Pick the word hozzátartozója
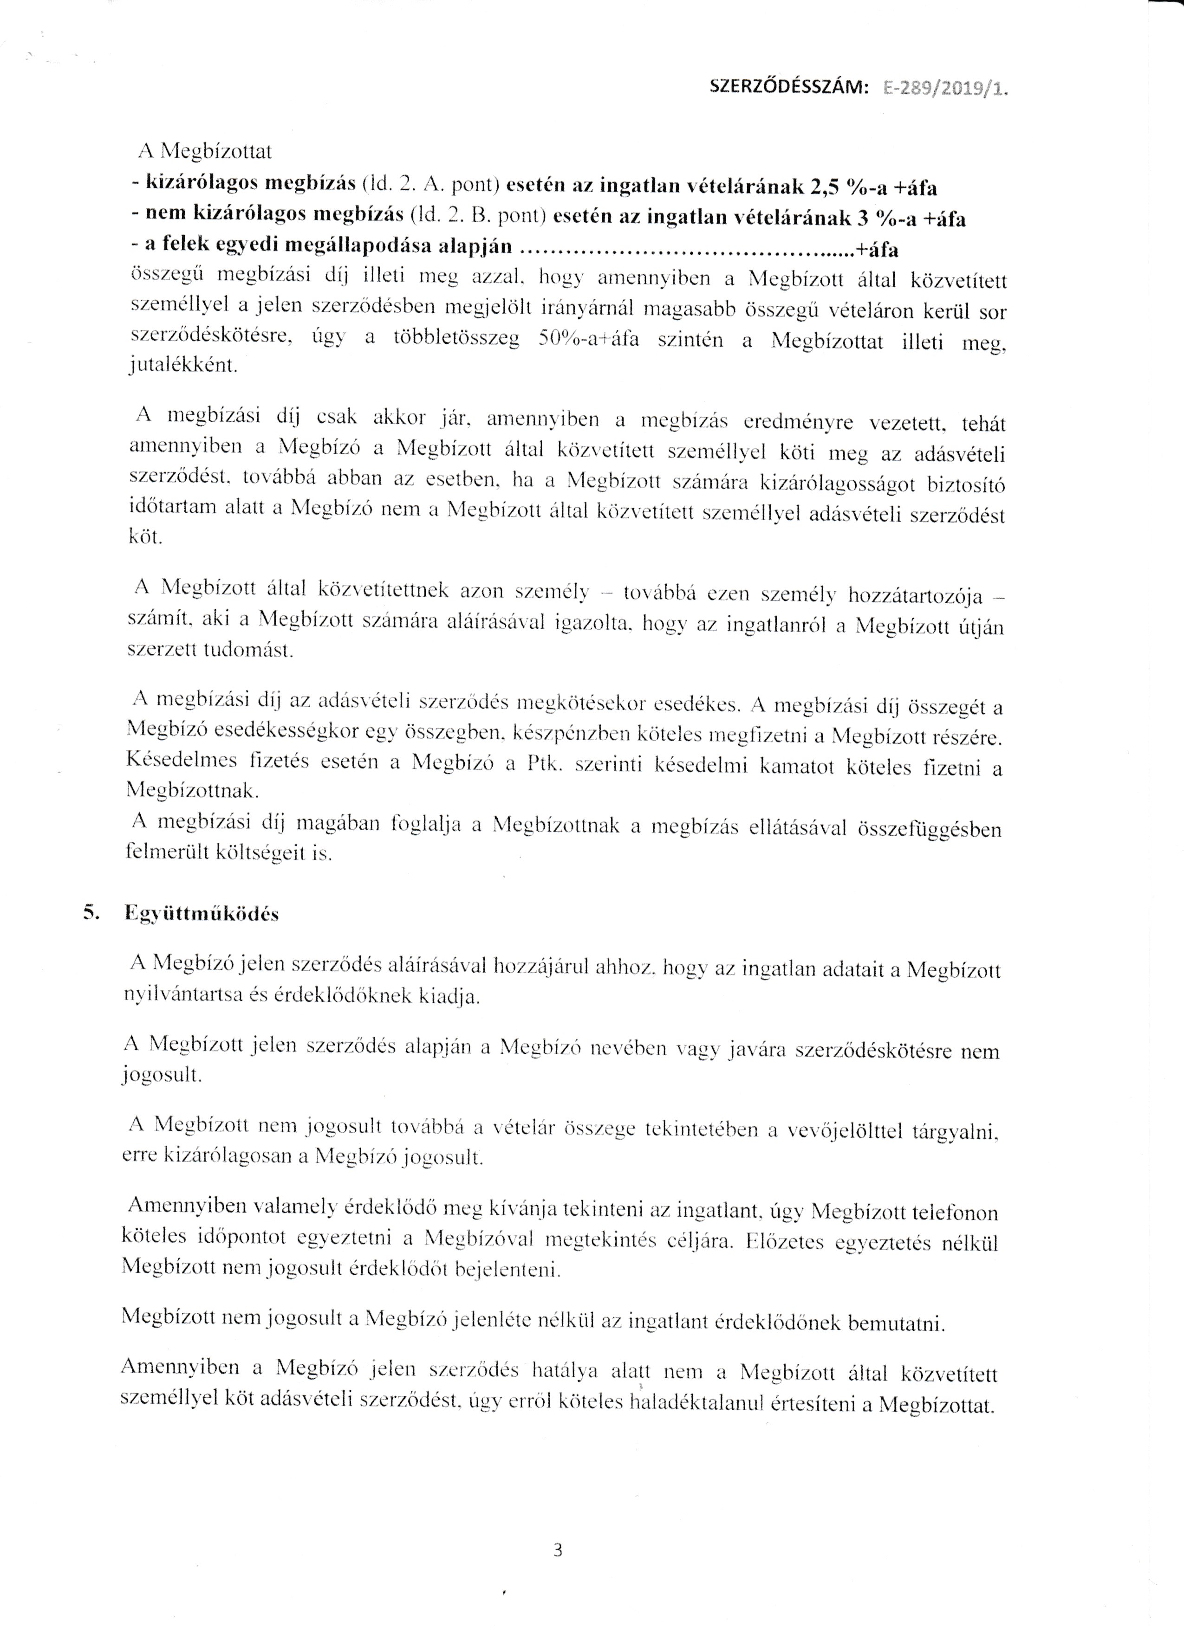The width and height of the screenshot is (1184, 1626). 915,596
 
